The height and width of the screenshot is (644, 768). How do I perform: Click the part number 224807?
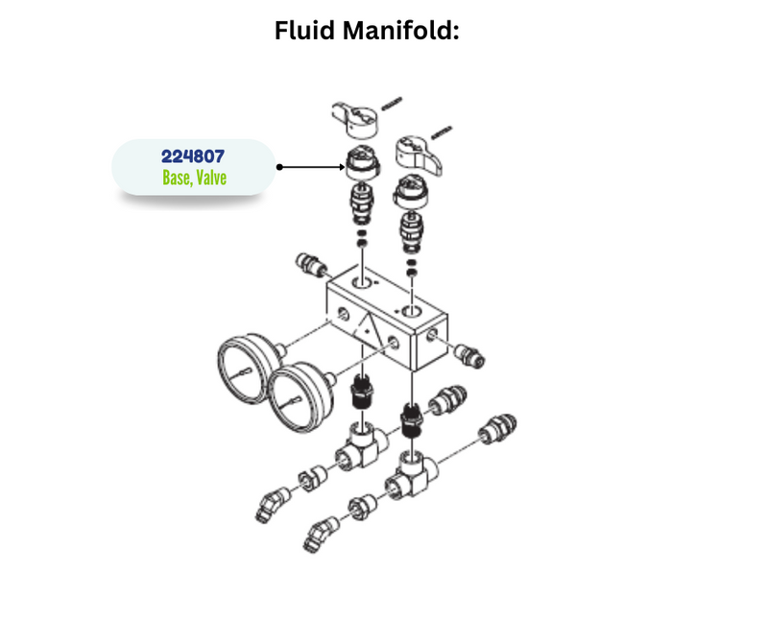pos(193,155)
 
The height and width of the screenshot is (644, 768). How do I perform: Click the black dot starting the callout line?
pos(278,166)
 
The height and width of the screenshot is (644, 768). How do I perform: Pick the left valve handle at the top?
pos(352,117)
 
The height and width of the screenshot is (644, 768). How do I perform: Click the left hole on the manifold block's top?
pos(363,285)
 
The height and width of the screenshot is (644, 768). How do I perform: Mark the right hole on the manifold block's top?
pos(412,313)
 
